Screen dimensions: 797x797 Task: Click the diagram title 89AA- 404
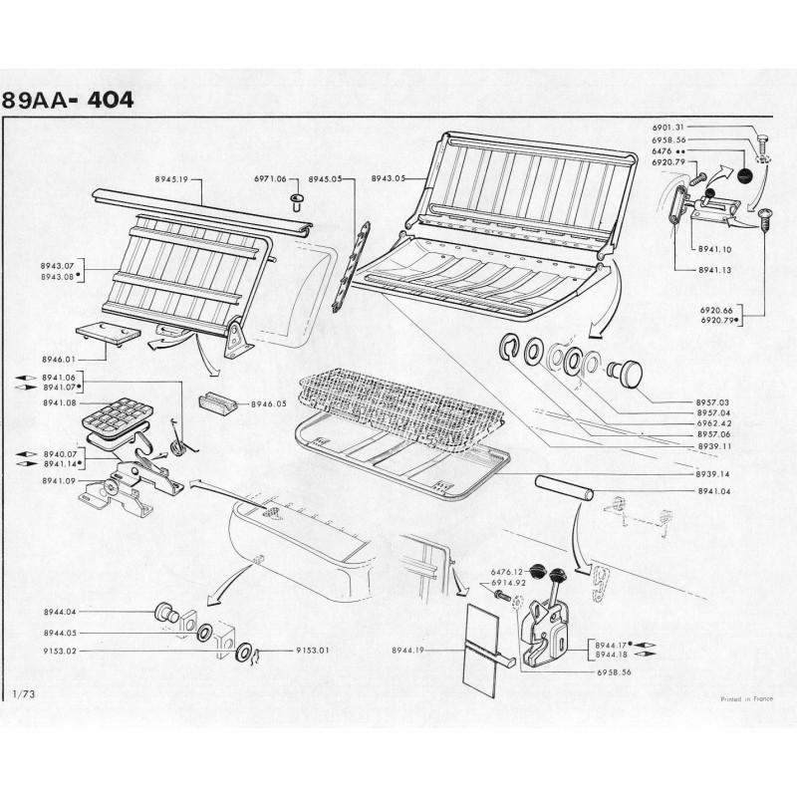[68, 101]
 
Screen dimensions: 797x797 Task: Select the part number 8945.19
[171, 179]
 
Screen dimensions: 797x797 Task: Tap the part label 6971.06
[270, 178]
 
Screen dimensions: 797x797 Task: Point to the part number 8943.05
[389, 178]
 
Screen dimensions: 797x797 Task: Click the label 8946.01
[59, 360]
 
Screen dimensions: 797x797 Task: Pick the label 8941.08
[59, 402]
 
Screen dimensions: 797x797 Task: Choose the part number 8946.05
[269, 404]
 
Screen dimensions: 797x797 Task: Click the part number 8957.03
[713, 402]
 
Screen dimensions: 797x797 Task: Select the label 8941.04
[713, 491]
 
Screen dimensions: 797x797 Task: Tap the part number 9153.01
[313, 651]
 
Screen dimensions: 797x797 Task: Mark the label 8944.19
[408, 651]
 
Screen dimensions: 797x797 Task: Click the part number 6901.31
[668, 128]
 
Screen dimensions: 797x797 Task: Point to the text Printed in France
[746, 699]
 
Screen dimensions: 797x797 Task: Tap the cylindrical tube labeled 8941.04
[564, 488]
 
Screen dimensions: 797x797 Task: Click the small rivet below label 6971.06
[296, 202]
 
